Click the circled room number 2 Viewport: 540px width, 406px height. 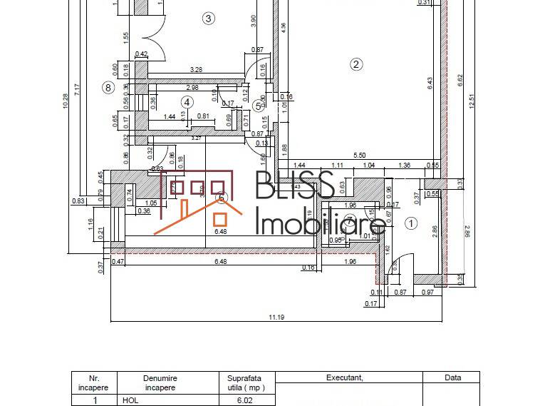point(356,64)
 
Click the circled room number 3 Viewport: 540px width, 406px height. point(208,19)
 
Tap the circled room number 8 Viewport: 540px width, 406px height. point(108,88)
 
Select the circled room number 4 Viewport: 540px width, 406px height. point(187,102)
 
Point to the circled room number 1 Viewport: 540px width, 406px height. point(410,223)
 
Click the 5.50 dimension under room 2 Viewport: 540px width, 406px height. point(359,156)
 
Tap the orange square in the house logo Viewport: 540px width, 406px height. point(221,220)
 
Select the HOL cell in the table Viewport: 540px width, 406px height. point(130,401)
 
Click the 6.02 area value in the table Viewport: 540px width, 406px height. point(245,401)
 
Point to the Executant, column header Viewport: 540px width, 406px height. point(348,377)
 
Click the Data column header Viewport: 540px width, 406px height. point(452,377)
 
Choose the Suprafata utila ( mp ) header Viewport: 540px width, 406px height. point(245,382)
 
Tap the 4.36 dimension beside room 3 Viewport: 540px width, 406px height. point(284,29)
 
